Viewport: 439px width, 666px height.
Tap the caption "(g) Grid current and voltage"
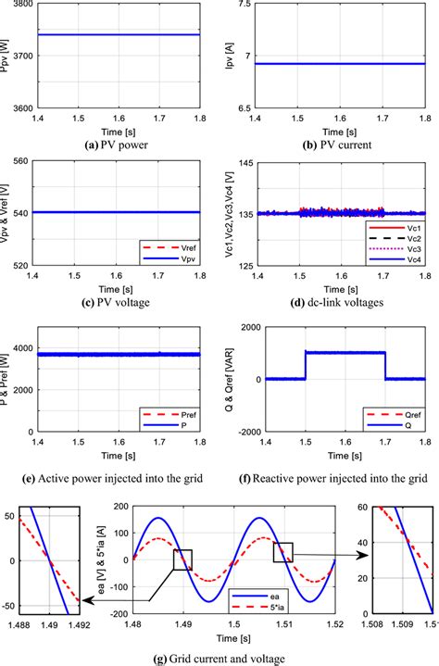click(x=219, y=656)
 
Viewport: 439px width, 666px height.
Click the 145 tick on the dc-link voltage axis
click(x=245, y=162)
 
